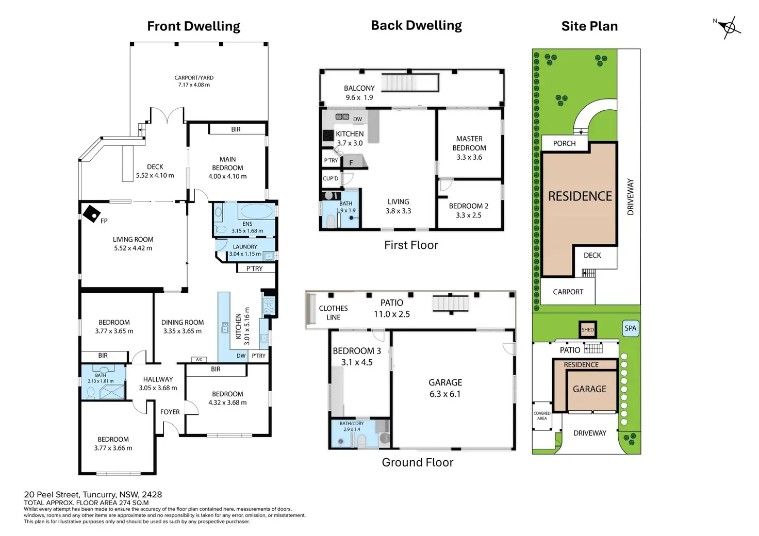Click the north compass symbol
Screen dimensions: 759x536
click(730, 27)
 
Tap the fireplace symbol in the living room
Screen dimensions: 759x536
click(91, 214)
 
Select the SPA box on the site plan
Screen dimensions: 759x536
click(631, 328)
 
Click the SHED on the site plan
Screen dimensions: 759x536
click(587, 329)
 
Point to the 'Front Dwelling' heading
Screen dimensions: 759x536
click(193, 26)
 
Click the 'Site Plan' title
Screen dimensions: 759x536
click(589, 26)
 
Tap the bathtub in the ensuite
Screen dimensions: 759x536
click(256, 211)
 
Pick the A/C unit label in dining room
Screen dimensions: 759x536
click(199, 360)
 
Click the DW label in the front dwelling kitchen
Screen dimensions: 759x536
click(241, 356)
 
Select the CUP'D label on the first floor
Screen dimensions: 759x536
click(331, 178)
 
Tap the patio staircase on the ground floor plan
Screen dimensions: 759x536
click(451, 304)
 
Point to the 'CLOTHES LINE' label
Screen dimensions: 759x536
click(334, 312)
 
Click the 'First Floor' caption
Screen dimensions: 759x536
click(411, 245)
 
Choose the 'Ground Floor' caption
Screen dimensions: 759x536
click(418, 462)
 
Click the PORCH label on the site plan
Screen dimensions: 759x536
click(564, 144)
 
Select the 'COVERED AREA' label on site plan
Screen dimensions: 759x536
click(542, 416)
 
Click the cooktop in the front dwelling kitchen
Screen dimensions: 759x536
click(269, 306)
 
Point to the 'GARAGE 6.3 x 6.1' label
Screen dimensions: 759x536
click(445, 388)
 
